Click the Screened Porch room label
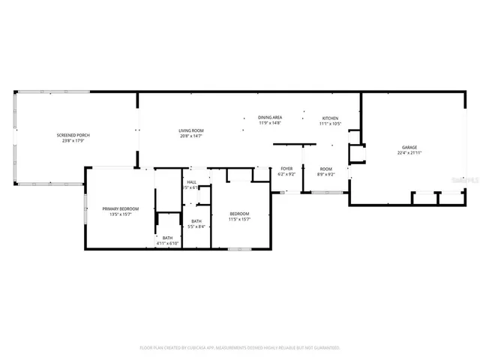click(73, 135)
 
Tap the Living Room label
click(191, 130)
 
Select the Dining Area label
click(270, 118)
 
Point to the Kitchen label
click(330, 118)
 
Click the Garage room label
click(409, 148)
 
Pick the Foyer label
click(286, 169)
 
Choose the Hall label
click(191, 182)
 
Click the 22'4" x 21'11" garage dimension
click(409, 153)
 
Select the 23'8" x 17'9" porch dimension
click(73, 140)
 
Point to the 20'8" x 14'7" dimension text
click(191, 136)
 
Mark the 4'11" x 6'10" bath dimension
click(167, 243)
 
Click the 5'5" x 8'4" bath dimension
click(196, 226)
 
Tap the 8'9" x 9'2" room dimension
click(325, 174)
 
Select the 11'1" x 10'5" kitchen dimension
click(330, 124)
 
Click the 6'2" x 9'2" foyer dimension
click(286, 174)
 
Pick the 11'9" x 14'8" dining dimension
click(270, 123)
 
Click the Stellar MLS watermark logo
click(466, 180)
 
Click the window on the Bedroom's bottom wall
click(239, 248)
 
